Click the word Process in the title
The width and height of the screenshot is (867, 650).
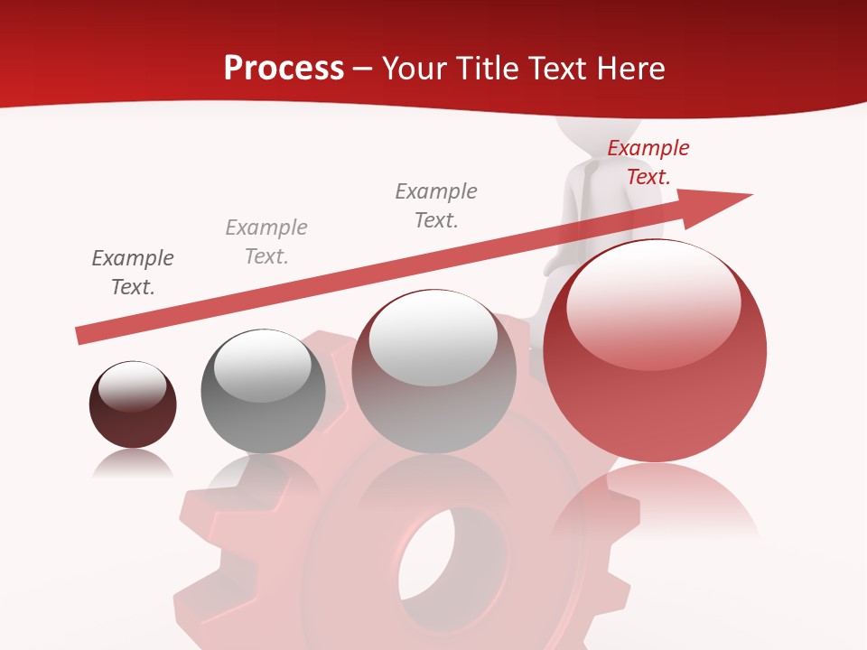(x=284, y=69)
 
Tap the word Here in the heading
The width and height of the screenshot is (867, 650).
(x=632, y=69)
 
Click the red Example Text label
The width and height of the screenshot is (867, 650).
(x=648, y=162)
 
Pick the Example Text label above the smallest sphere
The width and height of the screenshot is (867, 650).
(x=133, y=273)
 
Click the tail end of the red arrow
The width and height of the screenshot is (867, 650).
(x=81, y=335)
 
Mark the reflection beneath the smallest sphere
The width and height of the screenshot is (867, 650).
(x=133, y=463)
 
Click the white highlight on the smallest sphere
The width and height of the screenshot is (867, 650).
(x=132, y=386)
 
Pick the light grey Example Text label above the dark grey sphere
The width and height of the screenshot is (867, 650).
(x=266, y=242)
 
